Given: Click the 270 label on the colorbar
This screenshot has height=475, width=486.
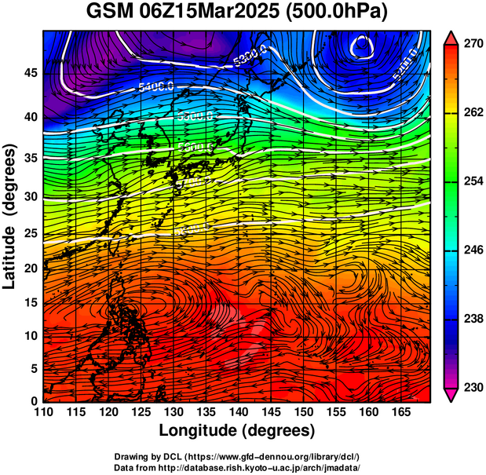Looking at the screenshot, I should pos(473,46).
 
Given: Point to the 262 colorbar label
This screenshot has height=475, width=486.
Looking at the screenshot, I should pos(473,113).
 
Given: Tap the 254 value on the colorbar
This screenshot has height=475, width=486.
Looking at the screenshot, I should pos(473,181).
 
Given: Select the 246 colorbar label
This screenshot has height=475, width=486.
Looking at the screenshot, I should pos(473,250).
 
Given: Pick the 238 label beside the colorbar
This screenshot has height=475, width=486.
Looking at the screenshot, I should pos(473,319).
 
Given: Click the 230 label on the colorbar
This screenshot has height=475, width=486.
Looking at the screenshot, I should pos(473,387).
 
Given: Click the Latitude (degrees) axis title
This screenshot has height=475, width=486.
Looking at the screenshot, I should pos(11,217).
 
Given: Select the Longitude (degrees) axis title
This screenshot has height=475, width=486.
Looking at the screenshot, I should pos(237,430).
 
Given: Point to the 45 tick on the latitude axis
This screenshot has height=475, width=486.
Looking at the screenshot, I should pos(31,73).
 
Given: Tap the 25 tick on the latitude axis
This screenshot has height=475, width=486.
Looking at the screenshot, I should pos(31,233).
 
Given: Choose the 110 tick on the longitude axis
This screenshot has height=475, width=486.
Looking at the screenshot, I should pos(44,411).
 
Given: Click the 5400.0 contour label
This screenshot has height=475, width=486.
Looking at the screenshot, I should pos(156,87).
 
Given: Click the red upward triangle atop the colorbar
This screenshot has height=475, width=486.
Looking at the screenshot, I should pos(451,36).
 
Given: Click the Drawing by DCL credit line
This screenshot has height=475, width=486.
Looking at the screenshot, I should pos(237,456).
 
